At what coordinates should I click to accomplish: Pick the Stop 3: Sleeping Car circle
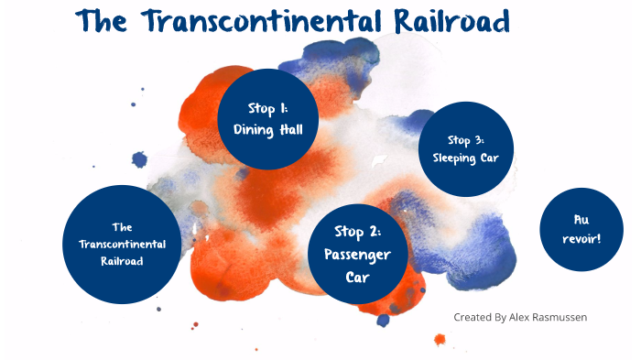[x=465, y=148]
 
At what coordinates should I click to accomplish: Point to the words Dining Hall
[x=268, y=129]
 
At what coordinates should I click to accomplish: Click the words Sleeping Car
[x=465, y=157]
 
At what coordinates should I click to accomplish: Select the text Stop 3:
[x=465, y=140]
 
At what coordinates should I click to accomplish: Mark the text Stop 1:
[x=268, y=108]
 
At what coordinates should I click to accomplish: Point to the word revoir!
[x=581, y=238]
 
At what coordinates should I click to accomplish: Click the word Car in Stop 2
[x=351, y=275]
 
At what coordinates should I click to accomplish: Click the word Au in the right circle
[x=581, y=220]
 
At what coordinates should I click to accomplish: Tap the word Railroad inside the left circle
[x=123, y=260]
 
